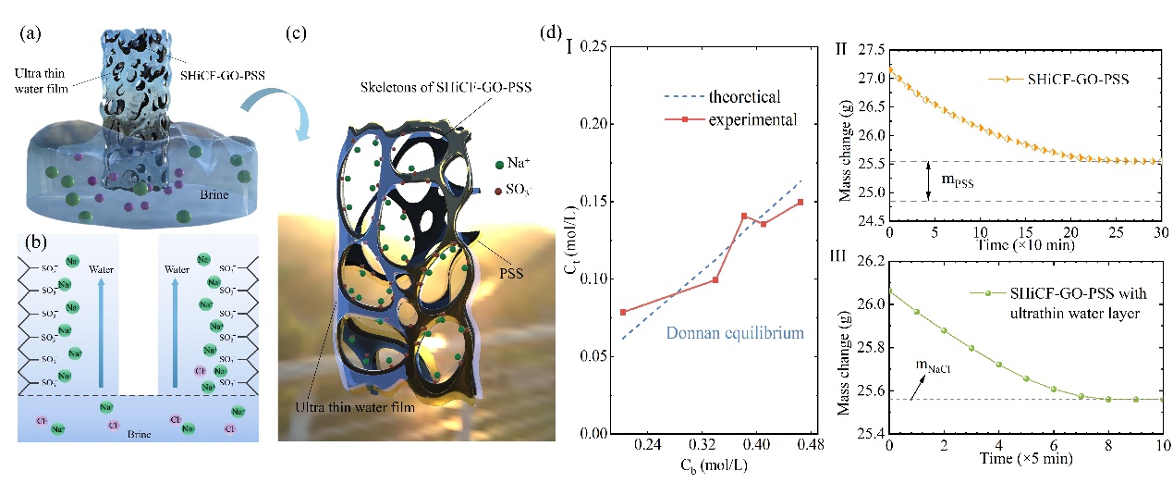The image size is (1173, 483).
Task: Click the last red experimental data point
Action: (800, 202)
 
